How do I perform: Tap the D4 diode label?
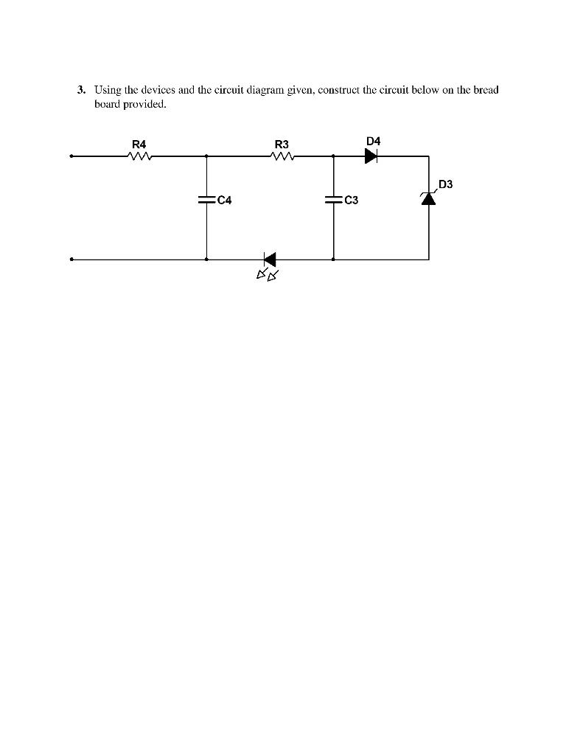coord(373,141)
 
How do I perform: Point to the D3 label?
coord(445,184)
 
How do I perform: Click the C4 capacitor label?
coord(225,200)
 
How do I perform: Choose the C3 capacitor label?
coord(351,200)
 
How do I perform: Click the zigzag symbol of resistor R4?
coord(139,156)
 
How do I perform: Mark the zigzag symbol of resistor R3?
coord(282,156)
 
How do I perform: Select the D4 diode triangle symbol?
coord(371,156)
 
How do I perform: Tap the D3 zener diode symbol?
coord(428,198)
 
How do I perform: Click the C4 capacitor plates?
coord(206,199)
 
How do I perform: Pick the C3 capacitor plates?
coord(333,199)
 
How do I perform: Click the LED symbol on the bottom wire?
coord(269,260)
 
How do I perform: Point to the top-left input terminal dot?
coord(71,156)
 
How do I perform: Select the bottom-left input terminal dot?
coord(71,260)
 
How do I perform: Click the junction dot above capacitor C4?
coord(206,156)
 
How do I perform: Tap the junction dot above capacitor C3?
coord(333,156)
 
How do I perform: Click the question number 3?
coord(81,90)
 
